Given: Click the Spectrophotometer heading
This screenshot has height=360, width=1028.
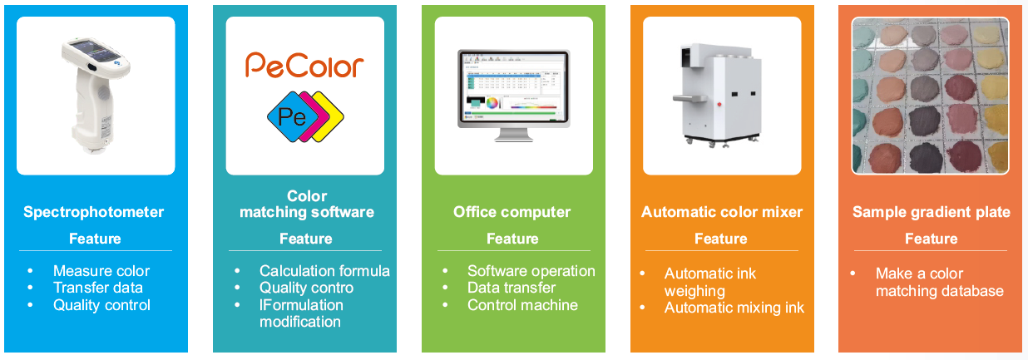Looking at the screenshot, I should (x=94, y=212).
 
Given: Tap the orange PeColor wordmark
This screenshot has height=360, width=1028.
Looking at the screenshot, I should (x=304, y=65).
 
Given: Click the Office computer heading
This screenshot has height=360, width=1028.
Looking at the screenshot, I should (x=512, y=212).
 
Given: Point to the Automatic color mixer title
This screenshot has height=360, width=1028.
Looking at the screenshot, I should (x=722, y=212).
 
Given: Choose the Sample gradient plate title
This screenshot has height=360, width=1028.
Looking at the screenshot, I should (x=932, y=212).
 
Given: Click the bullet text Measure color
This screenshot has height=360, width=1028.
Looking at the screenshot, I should (x=101, y=271).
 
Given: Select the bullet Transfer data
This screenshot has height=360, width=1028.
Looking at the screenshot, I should (x=98, y=288).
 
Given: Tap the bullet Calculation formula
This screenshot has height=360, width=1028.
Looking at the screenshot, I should (x=324, y=271).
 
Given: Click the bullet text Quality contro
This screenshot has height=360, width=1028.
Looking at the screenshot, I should (x=306, y=288).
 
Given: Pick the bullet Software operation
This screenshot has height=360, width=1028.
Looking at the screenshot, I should (x=531, y=271).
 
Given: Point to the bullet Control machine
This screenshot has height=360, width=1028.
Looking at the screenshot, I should (x=522, y=305).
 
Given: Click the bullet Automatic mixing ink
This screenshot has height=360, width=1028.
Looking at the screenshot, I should (x=734, y=308).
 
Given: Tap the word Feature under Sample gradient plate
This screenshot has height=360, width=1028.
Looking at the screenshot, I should (x=931, y=239).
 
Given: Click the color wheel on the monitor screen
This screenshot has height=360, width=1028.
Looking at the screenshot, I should (x=495, y=103).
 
